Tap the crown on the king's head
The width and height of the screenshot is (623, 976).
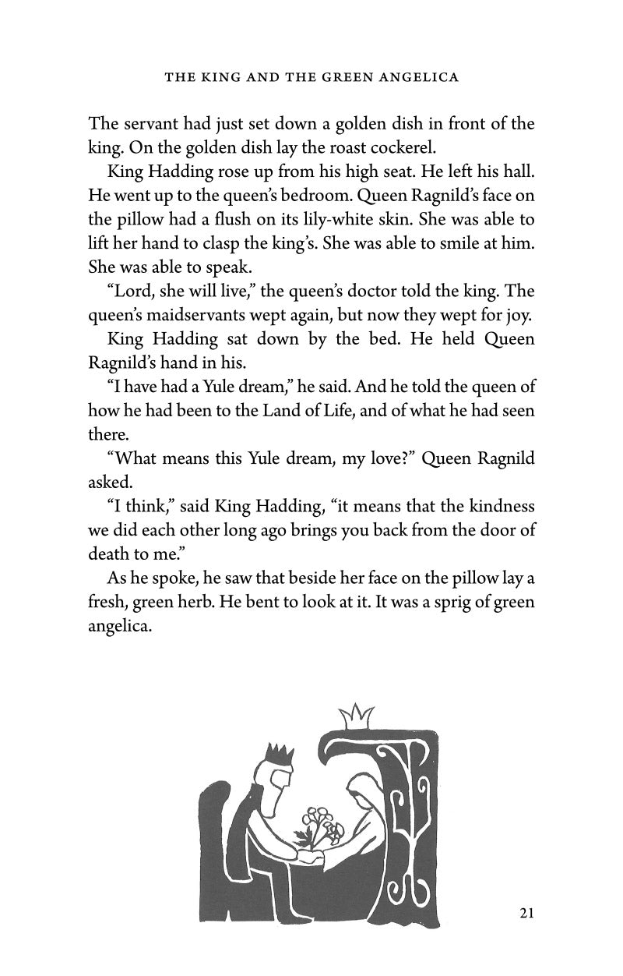(x=278, y=755)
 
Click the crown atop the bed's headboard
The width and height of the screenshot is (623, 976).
(x=358, y=713)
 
